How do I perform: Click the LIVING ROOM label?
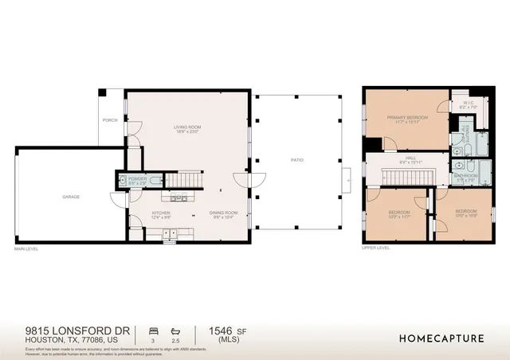[x=187, y=127]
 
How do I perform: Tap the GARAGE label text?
[x=71, y=196]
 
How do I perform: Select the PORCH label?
[x=110, y=120]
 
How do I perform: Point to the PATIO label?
[x=296, y=160]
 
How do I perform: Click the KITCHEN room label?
[x=163, y=213]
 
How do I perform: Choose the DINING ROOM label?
[x=224, y=213]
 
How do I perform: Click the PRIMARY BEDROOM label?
[x=407, y=118]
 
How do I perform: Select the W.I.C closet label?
[x=468, y=101]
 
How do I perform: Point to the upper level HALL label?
[x=410, y=158]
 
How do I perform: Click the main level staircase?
[x=184, y=179]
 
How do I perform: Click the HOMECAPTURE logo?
[x=441, y=338]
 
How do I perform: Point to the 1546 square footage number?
[x=218, y=329]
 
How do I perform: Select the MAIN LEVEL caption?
[x=26, y=249]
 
